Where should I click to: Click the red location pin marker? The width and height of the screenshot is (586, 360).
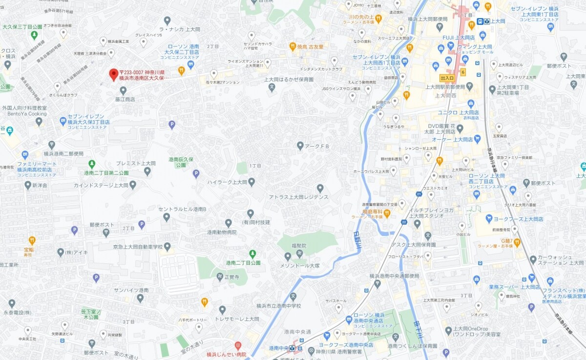(x=113, y=74)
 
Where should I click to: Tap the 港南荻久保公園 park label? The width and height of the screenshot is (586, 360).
(x=180, y=162)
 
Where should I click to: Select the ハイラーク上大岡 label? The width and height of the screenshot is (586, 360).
(x=227, y=182)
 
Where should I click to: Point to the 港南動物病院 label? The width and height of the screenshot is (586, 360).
(x=221, y=232)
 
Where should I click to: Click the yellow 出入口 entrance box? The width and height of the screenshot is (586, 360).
(x=447, y=78)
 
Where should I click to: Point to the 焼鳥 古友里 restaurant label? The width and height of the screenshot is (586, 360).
(x=310, y=46)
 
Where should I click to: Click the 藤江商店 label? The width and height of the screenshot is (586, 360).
(x=125, y=99)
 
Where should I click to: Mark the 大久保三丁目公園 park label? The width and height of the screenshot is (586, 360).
(x=22, y=27)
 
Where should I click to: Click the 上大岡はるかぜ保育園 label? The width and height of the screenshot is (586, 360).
(x=289, y=79)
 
